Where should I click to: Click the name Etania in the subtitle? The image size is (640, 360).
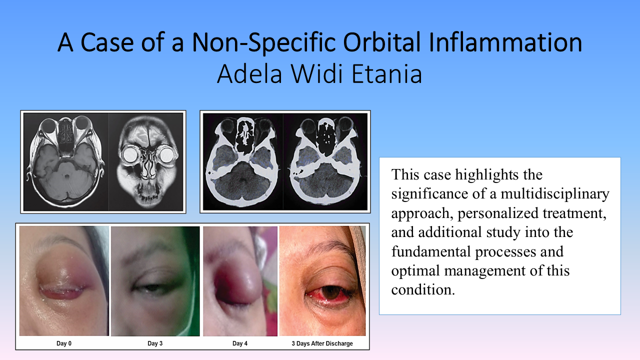386,74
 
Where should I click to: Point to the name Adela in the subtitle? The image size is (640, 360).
249,74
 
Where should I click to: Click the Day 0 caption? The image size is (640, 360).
64,343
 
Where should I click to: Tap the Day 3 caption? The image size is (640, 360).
155,343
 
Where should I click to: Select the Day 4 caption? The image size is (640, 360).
239,343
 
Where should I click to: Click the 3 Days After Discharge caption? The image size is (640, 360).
322,343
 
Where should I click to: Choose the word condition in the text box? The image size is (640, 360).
423,290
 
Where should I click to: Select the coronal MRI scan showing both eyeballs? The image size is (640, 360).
145,162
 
